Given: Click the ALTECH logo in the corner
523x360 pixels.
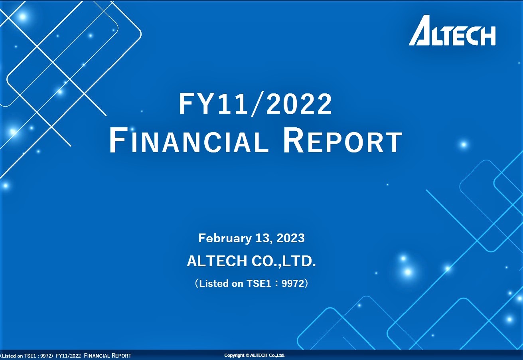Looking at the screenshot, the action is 452,30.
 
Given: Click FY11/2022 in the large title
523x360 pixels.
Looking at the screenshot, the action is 255,103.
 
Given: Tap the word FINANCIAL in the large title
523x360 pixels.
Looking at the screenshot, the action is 189,140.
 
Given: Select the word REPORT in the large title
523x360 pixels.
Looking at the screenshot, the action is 343,140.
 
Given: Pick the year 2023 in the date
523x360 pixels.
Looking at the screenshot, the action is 291,238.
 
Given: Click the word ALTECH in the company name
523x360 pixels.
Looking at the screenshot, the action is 217,261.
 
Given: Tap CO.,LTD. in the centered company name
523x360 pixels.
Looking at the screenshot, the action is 284,261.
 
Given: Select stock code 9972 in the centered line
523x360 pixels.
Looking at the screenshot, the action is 293,283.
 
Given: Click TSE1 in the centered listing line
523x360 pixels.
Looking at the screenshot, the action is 259,283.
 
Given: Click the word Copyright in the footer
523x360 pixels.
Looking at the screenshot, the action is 235,355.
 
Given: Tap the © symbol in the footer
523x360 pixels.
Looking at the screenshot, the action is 247,355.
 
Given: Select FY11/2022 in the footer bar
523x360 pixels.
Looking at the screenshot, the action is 68,356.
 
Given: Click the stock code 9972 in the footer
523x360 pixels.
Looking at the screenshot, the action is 46,356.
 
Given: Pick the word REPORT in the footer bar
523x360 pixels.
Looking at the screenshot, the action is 121,356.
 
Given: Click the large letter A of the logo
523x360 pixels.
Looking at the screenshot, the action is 420,30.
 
